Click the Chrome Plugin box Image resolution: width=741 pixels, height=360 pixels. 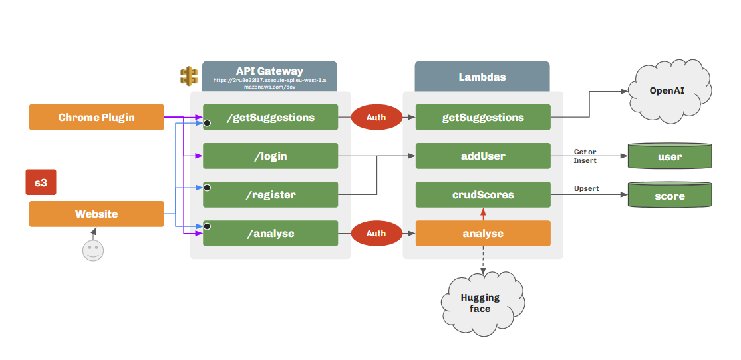click(96, 117)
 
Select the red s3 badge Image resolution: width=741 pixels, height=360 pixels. click(41, 182)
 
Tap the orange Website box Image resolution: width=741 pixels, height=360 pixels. click(96, 214)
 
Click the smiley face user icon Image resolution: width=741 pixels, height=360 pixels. click(93, 251)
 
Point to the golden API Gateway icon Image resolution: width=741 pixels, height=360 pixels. click(189, 76)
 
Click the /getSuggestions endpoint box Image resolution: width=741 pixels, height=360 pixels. click(270, 117)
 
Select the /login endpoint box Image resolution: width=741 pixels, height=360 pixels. click(270, 156)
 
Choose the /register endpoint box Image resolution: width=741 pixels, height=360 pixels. click(270, 194)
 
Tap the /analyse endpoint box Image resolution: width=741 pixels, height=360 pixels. click(270, 233)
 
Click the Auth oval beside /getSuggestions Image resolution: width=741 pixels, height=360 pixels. click(376, 117)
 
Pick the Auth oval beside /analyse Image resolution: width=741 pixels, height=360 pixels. click(376, 233)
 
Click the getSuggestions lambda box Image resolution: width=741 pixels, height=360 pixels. click(483, 117)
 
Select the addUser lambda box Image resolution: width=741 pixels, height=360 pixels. click(483, 156)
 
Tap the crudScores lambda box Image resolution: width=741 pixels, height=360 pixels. click(483, 194)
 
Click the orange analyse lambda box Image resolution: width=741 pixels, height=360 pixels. click(483, 233)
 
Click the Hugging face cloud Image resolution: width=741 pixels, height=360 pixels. click(480, 303)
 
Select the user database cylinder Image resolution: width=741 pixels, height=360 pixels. click(670, 157)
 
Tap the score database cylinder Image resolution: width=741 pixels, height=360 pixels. click(670, 196)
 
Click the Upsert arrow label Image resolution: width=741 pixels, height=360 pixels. click(586, 188)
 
